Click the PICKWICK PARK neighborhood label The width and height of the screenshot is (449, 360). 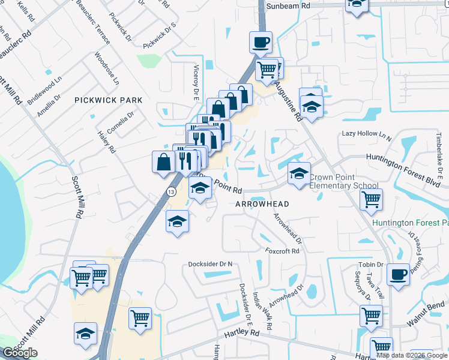(x=109, y=100)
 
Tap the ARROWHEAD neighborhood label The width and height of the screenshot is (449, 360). (x=262, y=204)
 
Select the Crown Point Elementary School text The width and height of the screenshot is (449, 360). (x=344, y=181)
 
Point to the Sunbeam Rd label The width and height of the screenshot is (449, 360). (x=288, y=5)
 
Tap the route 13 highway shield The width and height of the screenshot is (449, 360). (x=171, y=191)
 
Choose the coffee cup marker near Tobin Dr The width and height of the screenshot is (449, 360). (x=399, y=274)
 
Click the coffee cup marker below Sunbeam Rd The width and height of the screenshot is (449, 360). (x=261, y=42)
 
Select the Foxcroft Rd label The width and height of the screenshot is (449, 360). (x=282, y=251)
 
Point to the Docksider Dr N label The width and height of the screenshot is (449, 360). (x=210, y=264)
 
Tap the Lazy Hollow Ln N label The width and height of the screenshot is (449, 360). (x=367, y=134)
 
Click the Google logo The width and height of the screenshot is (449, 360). (x=20, y=353)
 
